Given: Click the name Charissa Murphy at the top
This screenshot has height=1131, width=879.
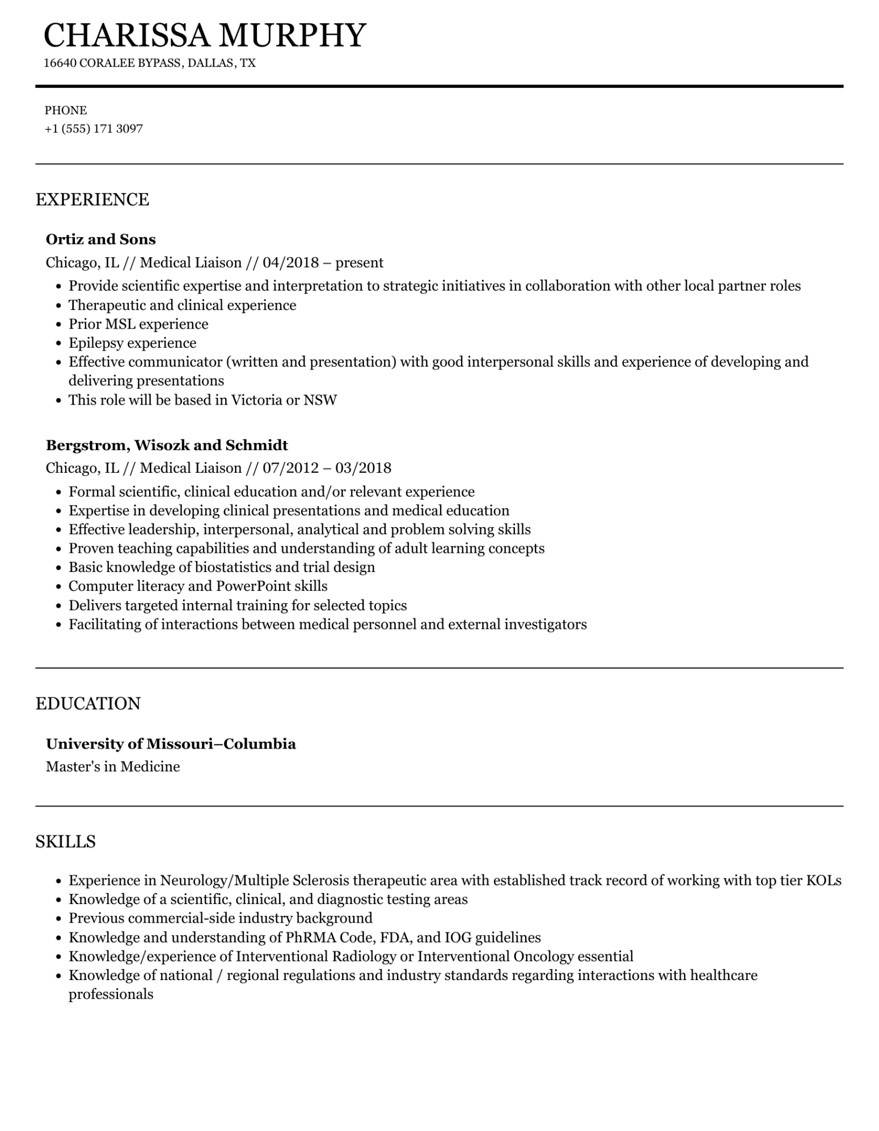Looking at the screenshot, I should (x=205, y=35).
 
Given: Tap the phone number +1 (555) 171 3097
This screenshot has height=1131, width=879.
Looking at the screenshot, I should (x=94, y=129).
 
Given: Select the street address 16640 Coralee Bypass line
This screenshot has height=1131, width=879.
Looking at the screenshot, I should (x=150, y=63).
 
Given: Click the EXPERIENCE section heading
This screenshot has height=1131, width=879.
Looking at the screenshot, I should (x=92, y=200).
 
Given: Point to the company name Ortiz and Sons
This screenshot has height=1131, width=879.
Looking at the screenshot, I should (x=100, y=239).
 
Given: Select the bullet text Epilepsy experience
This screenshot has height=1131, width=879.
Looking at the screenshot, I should (x=132, y=343).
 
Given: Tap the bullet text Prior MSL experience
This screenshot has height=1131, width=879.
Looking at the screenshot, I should (x=138, y=324).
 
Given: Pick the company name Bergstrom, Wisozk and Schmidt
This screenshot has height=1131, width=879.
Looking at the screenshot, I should (x=167, y=445).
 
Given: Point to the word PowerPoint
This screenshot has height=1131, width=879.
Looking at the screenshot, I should (x=251, y=586).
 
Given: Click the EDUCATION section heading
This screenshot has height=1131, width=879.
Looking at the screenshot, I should (x=88, y=704).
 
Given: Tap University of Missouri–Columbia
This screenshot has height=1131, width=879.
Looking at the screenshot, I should (x=171, y=744).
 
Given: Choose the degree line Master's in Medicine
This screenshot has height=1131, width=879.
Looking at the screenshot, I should (x=113, y=767).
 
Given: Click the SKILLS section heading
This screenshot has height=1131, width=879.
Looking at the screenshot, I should (x=65, y=842).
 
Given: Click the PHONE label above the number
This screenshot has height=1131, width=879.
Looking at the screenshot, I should (x=66, y=111).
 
